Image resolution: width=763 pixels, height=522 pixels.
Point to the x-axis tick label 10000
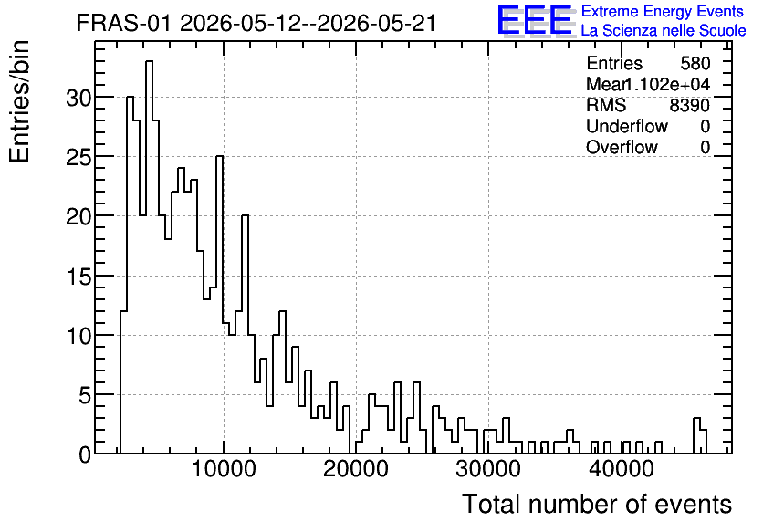(x=224, y=469)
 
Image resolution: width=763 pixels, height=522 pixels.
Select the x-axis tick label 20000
(x=356, y=469)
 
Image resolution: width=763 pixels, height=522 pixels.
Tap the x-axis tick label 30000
(x=488, y=469)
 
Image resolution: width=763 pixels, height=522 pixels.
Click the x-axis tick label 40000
(x=621, y=469)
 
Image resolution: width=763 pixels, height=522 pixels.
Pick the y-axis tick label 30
(x=78, y=99)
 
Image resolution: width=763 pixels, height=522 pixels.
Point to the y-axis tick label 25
(x=78, y=158)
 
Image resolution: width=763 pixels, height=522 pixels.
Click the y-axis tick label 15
(x=78, y=277)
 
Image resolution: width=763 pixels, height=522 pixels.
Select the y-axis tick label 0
(x=85, y=455)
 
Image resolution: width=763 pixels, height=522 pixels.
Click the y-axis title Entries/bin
(x=20, y=101)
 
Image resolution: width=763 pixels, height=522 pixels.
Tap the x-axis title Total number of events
(x=597, y=504)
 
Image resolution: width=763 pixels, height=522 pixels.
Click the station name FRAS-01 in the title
(x=123, y=24)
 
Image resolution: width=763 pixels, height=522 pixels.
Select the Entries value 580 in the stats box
(x=695, y=63)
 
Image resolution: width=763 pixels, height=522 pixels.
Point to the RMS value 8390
(x=689, y=105)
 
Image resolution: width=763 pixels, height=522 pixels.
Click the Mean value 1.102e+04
(x=666, y=84)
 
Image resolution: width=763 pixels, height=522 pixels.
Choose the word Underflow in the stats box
(x=627, y=126)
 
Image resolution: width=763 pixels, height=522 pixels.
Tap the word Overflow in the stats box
(x=622, y=147)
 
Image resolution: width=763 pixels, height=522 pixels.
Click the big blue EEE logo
(x=535, y=20)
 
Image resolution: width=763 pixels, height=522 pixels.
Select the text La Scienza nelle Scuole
(x=664, y=31)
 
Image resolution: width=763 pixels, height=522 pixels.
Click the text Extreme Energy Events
(x=663, y=11)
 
